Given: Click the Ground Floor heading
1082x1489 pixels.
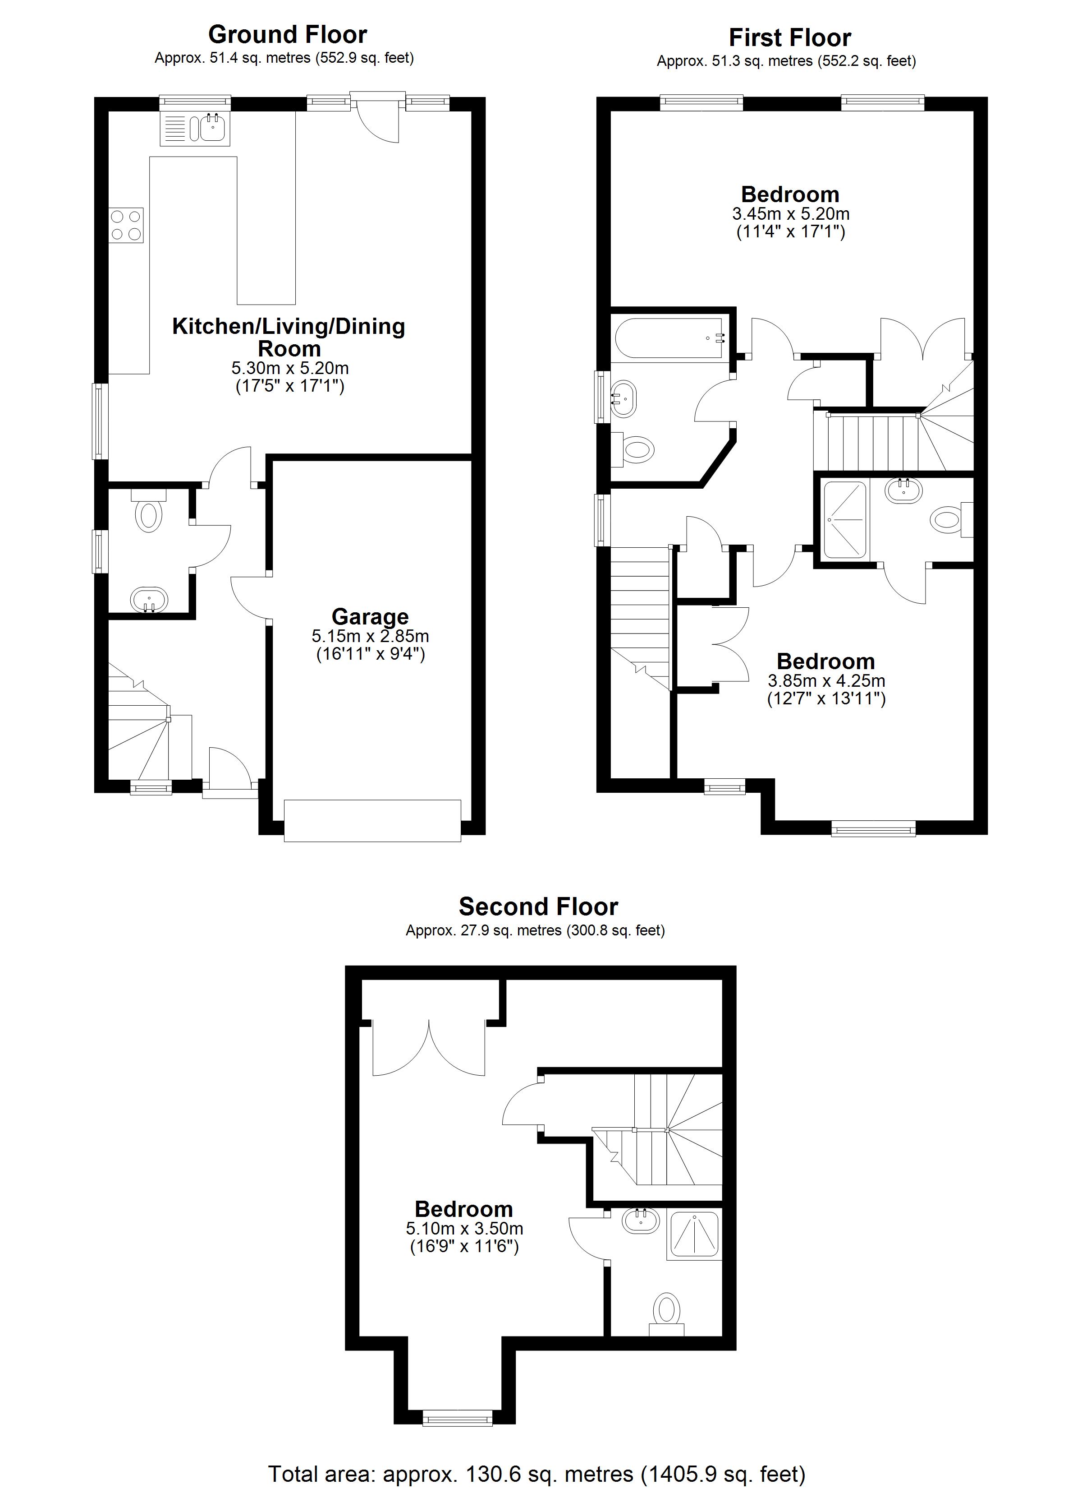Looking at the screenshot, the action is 287,34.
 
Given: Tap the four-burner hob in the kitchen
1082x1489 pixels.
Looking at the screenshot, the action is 126,225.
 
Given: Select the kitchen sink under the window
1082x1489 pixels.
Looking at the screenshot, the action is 195,128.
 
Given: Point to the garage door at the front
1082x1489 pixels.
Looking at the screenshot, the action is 373,821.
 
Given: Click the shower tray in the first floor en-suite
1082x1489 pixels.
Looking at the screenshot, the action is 845,520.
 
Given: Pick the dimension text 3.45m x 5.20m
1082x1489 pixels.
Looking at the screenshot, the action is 791,214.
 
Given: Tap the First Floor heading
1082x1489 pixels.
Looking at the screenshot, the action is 790,37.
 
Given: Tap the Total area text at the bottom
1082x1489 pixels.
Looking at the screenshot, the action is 537,1474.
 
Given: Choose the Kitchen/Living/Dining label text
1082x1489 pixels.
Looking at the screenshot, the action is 289,338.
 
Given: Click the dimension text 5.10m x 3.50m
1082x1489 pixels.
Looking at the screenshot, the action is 464,1228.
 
